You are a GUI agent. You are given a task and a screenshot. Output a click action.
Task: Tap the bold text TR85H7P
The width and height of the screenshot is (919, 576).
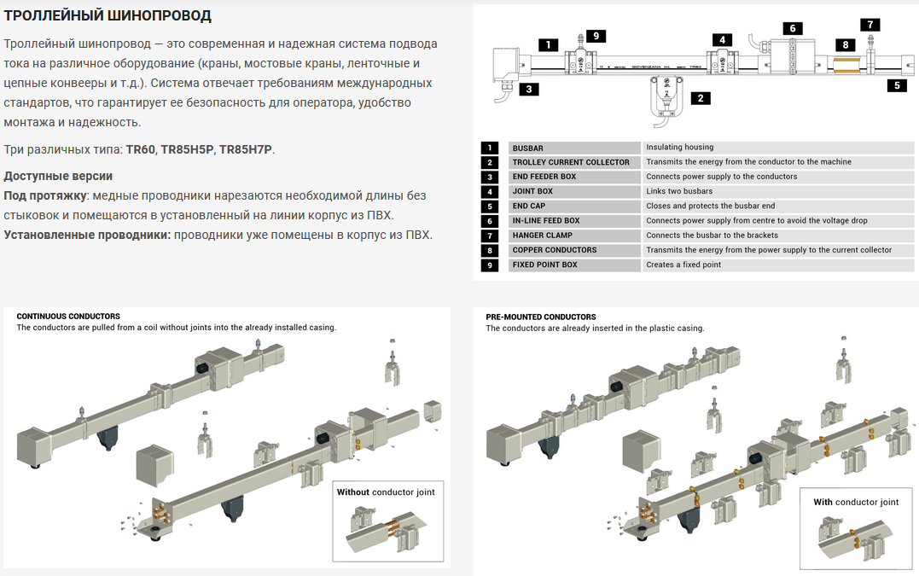[247, 149]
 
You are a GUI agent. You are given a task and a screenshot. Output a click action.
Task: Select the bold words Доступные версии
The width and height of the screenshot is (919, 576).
[58, 176]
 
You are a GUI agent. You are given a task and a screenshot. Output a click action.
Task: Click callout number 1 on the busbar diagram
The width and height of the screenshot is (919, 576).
[549, 44]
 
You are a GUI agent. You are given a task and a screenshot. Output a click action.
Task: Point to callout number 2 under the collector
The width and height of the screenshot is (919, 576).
[700, 98]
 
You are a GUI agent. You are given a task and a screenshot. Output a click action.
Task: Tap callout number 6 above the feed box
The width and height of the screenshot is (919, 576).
[792, 28]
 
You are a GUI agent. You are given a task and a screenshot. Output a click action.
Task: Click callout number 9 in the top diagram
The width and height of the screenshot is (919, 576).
[596, 36]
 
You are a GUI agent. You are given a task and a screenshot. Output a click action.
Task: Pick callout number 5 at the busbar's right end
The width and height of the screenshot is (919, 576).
[896, 84]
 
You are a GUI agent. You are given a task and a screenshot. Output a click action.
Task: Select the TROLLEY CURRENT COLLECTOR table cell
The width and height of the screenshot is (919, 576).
[571, 162]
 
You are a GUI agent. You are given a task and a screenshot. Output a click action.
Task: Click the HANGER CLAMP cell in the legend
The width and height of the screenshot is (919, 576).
[543, 236]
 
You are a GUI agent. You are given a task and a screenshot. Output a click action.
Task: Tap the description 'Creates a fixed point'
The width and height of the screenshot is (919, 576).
[683, 265]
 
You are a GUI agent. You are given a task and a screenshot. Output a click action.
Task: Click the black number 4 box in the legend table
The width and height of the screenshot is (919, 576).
[490, 191]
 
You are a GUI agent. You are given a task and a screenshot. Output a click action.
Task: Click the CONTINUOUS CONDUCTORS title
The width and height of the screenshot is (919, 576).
[68, 317]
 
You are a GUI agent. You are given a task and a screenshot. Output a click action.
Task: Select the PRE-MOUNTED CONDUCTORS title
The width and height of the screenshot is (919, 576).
[541, 317]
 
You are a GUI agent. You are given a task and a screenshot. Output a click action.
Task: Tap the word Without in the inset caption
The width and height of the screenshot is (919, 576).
[353, 492]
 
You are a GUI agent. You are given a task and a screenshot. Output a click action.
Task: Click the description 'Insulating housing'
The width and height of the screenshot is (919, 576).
[680, 148]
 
